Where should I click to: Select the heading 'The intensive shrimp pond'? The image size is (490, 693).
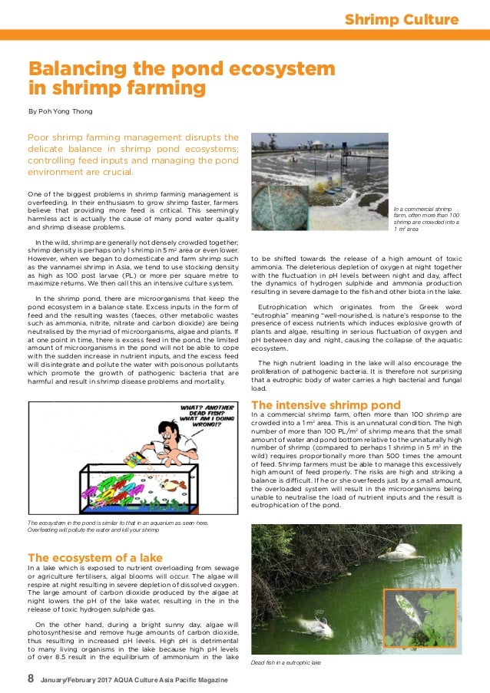[x=326, y=404]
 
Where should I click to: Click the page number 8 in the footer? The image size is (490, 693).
[x=31, y=679]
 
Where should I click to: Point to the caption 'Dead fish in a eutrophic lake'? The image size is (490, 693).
[x=286, y=661]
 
